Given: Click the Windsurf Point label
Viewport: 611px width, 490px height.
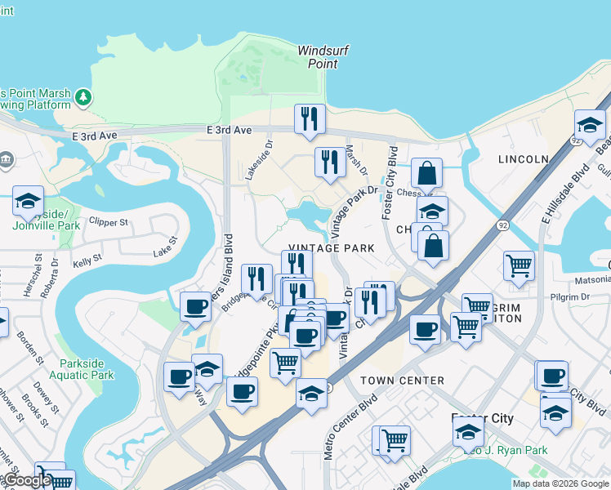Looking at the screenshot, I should [323, 56].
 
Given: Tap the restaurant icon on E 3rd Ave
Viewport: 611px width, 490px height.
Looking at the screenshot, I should [310, 118].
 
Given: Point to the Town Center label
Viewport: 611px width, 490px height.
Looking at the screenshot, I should [403, 381].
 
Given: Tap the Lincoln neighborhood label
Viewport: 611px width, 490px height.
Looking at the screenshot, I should [522, 158].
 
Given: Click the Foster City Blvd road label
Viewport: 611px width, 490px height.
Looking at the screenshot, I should [390, 171].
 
